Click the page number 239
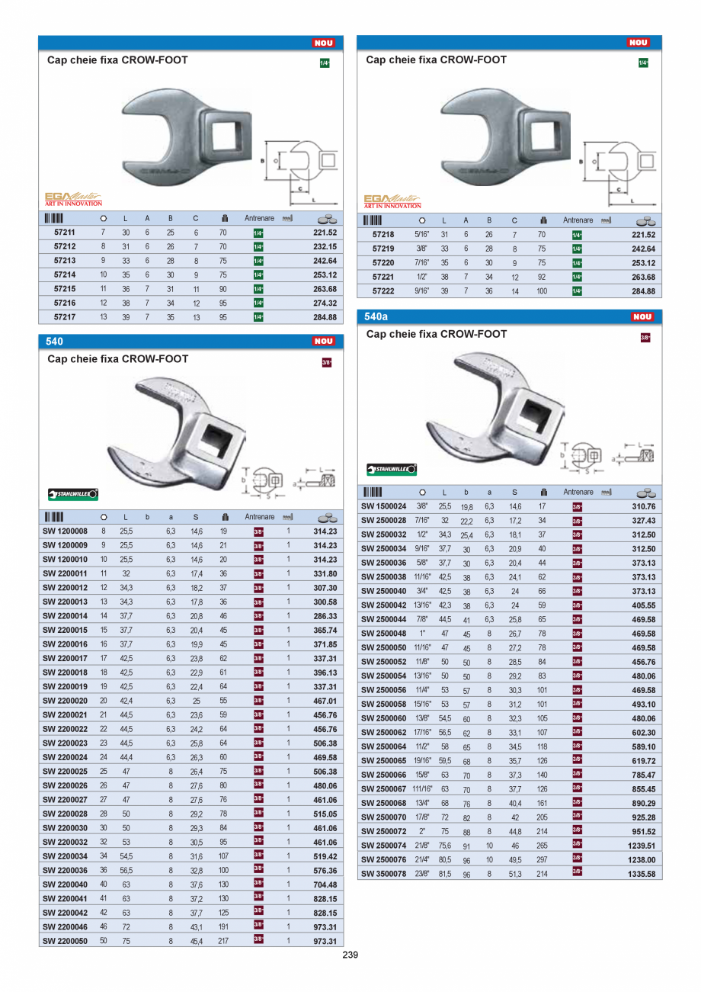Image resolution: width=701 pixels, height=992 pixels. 350,955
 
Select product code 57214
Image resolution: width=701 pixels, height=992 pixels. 64,274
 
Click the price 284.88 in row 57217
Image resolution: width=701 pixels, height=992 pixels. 325,317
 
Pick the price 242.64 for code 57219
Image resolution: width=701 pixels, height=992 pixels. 643,249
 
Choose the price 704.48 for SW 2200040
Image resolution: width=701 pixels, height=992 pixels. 325,884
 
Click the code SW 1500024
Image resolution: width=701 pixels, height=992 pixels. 383,506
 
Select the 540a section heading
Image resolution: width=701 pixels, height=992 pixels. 377,316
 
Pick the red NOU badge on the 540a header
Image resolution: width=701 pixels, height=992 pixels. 642,317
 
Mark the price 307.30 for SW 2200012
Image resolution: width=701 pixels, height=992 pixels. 325,588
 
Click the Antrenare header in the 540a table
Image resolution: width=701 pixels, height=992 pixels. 578,493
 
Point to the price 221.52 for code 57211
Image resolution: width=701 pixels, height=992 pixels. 325,233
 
